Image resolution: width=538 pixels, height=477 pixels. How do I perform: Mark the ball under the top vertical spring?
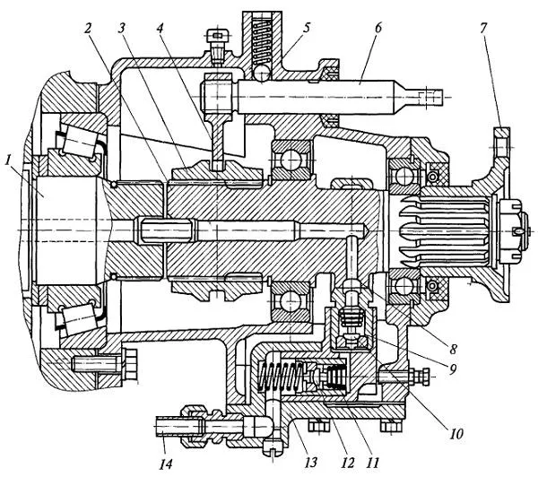click(x=262, y=69)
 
